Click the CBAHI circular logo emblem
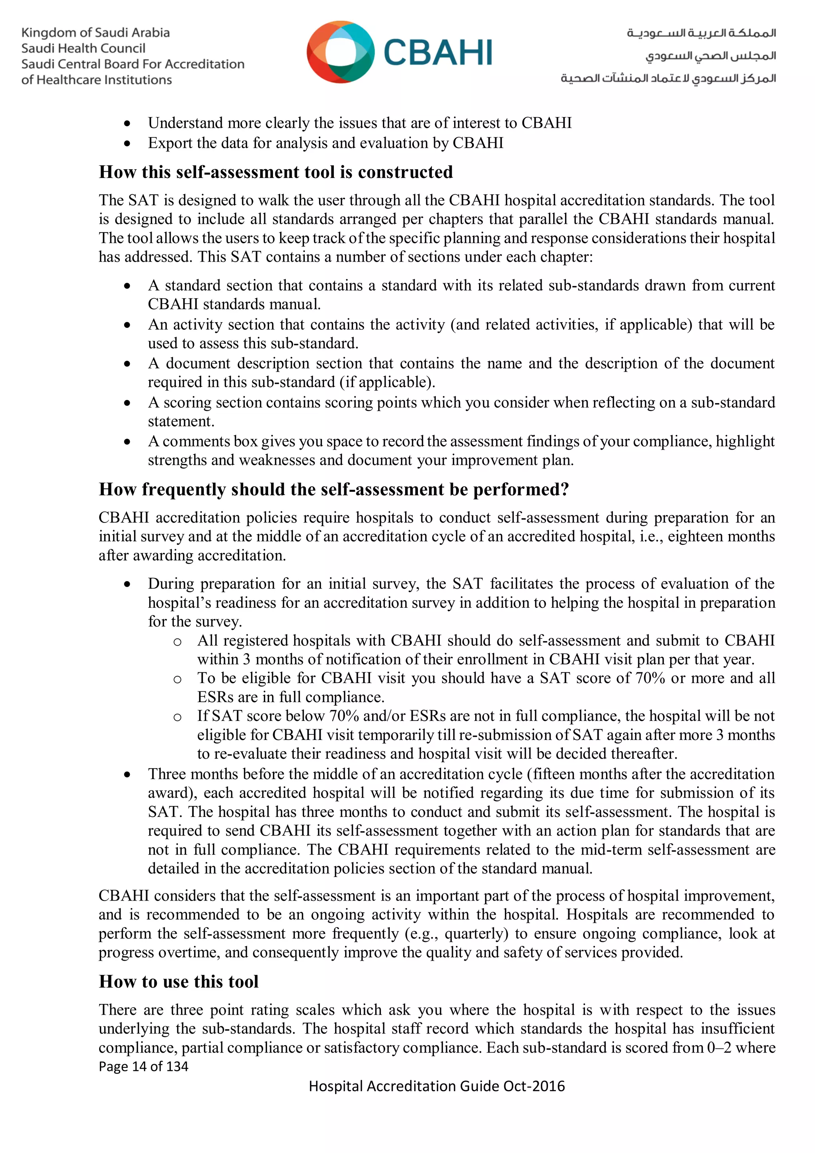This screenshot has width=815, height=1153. pyautogui.click(x=340, y=52)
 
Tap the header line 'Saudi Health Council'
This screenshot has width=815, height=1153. pyautogui.click(x=83, y=49)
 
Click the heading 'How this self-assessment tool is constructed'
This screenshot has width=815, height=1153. pyautogui.click(x=275, y=172)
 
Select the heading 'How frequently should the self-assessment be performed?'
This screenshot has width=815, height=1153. pyautogui.click(x=334, y=489)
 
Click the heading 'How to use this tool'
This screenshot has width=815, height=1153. pyautogui.click(x=179, y=981)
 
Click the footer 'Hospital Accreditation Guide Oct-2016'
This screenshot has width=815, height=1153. pyautogui.click(x=437, y=1086)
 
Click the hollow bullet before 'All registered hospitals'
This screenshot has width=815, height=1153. pyautogui.click(x=177, y=642)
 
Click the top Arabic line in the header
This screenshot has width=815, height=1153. pyautogui.click(x=701, y=33)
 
